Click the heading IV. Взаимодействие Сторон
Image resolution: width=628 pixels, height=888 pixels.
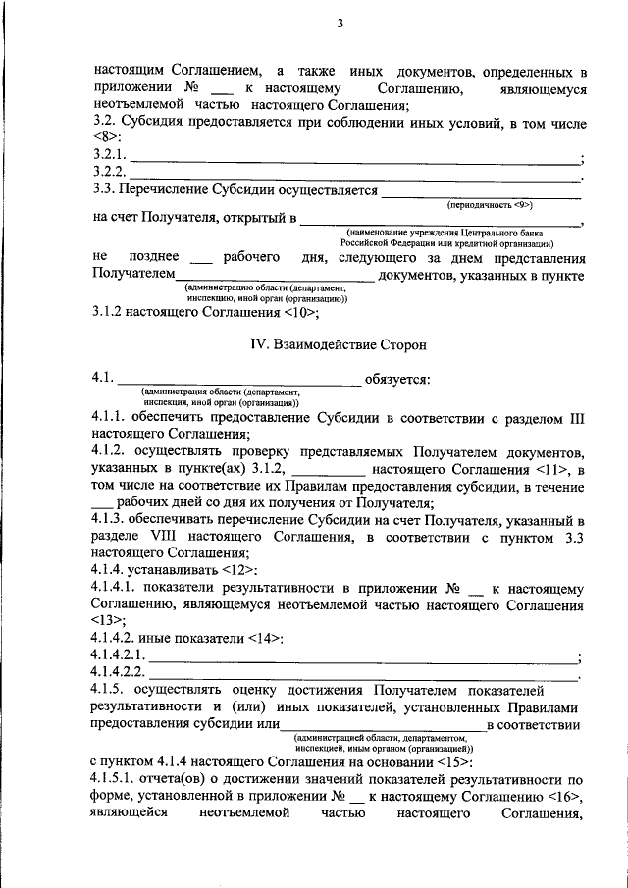click(x=338, y=344)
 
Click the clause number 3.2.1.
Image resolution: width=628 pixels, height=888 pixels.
click(x=110, y=155)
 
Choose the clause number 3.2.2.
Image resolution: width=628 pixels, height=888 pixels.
click(x=110, y=173)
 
